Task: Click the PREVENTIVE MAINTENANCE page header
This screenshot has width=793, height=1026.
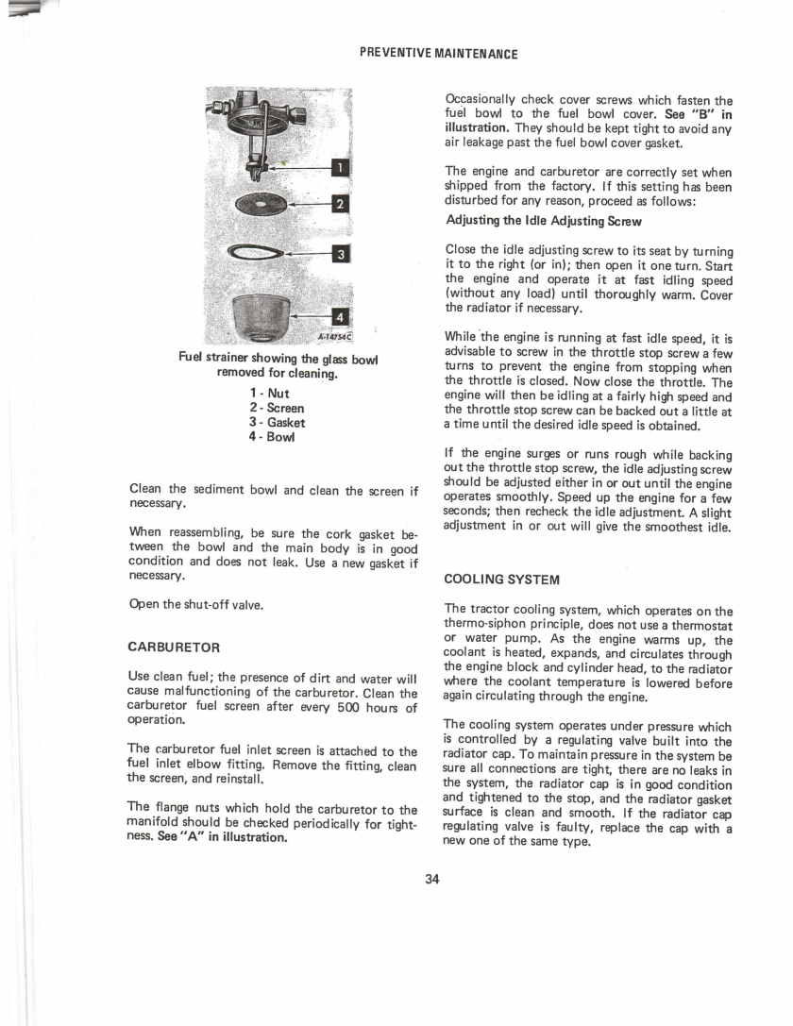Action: (x=439, y=54)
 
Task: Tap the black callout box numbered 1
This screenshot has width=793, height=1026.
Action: (x=339, y=168)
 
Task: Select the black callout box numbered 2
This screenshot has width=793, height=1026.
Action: (x=339, y=204)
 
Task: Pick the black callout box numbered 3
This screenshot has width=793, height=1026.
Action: (x=340, y=253)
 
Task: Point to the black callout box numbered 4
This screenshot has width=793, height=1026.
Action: (x=340, y=318)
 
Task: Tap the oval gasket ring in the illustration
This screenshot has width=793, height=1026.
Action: (x=228, y=251)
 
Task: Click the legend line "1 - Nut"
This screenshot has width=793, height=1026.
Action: (x=269, y=394)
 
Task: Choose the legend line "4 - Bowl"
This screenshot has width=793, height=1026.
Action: (x=272, y=436)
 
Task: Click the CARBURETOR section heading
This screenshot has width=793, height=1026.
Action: (x=174, y=648)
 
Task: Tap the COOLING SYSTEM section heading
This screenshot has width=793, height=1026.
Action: (x=502, y=580)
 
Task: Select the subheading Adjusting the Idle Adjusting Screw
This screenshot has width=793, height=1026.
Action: (x=544, y=221)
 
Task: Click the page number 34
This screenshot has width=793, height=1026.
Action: (x=432, y=879)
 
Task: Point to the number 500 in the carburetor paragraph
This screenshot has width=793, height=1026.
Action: (x=348, y=707)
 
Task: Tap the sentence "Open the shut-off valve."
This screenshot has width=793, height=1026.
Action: (x=195, y=605)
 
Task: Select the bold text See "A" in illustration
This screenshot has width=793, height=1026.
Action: (x=223, y=837)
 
